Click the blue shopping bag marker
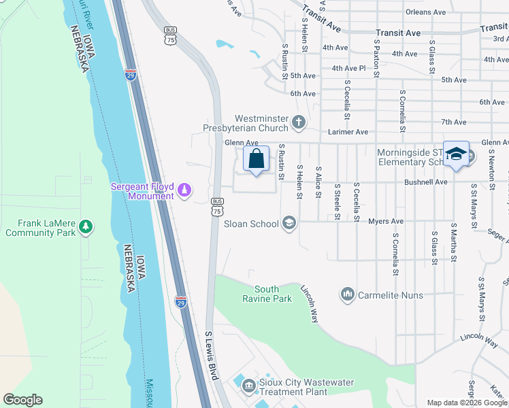pyautogui.click(x=256, y=160)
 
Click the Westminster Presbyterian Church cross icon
pyautogui.click(x=297, y=122)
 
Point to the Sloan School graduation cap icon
pyautogui.click(x=289, y=224)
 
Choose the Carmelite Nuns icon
pyautogui.click(x=348, y=295)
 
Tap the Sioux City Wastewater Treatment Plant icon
pyautogui.click(x=248, y=386)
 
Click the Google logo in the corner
pyautogui.click(x=22, y=400)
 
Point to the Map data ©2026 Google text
pyautogui.click(x=467, y=403)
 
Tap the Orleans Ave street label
pyautogui.click(x=425, y=12)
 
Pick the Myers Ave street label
pyautogui.click(x=386, y=221)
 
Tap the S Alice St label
pyautogui.click(x=318, y=182)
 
